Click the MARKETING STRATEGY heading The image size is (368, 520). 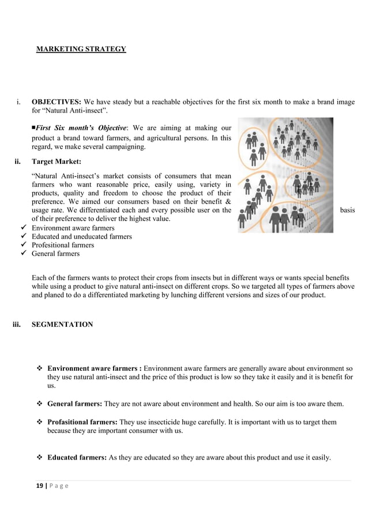(81, 49)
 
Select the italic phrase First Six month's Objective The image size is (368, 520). (80, 128)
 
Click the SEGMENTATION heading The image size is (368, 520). (62, 325)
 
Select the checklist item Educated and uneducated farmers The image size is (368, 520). (81, 236)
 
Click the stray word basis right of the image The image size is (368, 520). (347, 211)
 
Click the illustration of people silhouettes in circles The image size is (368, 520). (286, 175)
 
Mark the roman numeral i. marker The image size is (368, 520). (19, 103)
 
